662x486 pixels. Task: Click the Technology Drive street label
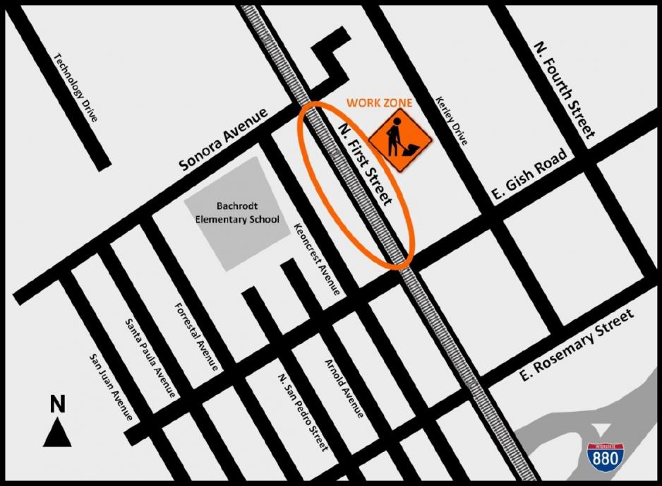75,88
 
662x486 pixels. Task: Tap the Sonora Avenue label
224,140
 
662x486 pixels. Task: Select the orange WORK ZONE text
379,103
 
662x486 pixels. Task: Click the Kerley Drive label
452,121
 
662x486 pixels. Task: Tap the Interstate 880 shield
604,456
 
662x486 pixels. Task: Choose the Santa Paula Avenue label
150,357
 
